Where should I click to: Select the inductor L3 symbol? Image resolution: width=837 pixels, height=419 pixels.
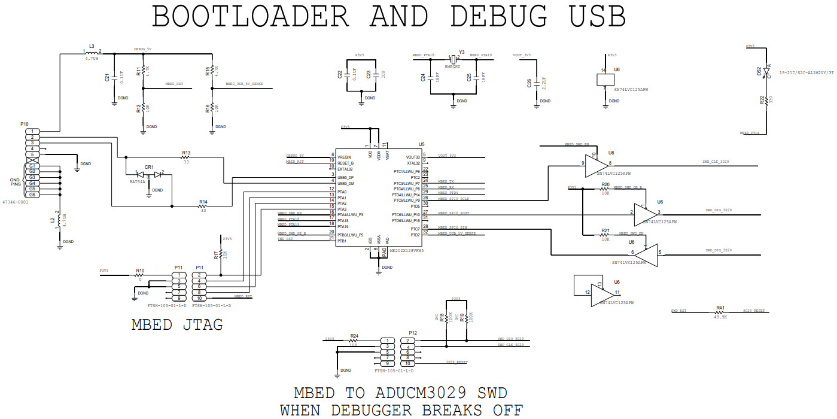[92, 53]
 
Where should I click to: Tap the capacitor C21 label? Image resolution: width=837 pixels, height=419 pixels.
[107, 78]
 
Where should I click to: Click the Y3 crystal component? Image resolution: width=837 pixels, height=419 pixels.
[453, 59]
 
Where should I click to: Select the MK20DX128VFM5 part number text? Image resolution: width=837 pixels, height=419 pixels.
[406, 251]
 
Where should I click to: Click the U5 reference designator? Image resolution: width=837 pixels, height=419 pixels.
[421, 144]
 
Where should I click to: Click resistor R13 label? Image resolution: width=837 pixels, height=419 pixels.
[186, 153]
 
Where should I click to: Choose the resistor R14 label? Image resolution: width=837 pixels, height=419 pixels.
[203, 202]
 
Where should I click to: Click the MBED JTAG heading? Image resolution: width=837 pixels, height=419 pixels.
[177, 325]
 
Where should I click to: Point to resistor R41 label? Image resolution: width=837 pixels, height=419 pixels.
[720, 308]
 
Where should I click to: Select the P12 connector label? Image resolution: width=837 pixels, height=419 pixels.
[412, 333]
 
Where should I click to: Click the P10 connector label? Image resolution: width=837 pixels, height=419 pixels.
[25, 123]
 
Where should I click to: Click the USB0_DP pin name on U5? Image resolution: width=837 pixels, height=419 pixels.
[346, 178]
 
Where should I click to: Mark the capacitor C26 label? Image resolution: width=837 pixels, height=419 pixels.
[529, 84]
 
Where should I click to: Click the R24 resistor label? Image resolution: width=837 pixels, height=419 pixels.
[354, 336]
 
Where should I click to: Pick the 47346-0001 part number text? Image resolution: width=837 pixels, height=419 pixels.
[16, 203]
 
